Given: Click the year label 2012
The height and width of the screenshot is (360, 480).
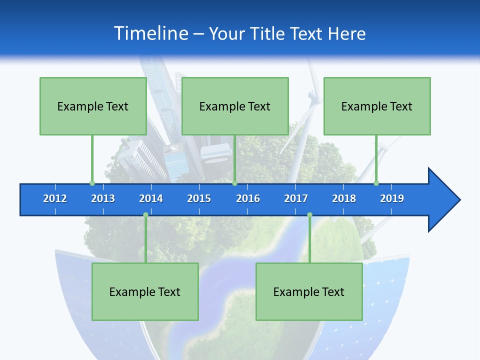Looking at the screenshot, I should click(x=55, y=198).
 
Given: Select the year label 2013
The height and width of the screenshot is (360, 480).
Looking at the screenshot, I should click(x=103, y=198).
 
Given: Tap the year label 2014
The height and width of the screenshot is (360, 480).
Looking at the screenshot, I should click(x=151, y=198).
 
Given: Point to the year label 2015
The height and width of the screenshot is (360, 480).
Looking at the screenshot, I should click(x=199, y=198).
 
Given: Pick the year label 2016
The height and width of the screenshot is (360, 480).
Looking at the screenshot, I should click(x=248, y=198).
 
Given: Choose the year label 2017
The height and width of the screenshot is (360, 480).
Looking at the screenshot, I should click(x=296, y=198).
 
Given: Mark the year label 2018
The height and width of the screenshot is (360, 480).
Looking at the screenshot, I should click(x=344, y=198).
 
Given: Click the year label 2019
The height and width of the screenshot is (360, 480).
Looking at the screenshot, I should click(x=392, y=198).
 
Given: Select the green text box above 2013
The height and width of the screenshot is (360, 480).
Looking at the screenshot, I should click(x=93, y=106).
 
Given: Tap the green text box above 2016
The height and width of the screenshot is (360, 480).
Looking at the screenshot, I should click(x=235, y=106).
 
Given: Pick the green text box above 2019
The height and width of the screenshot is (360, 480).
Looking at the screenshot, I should click(x=377, y=106).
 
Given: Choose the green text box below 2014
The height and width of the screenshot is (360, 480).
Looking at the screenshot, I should click(x=145, y=291).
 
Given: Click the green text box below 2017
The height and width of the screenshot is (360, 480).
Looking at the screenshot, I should click(x=309, y=291).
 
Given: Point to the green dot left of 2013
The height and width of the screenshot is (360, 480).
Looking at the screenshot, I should click(x=92, y=183).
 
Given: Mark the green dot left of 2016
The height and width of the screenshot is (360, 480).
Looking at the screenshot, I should click(x=234, y=183).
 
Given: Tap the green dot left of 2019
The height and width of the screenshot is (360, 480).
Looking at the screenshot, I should click(x=376, y=183).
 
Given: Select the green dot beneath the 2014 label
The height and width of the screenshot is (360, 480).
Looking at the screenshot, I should click(x=145, y=215).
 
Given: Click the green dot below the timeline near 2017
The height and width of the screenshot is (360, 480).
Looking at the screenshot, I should click(x=309, y=215).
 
